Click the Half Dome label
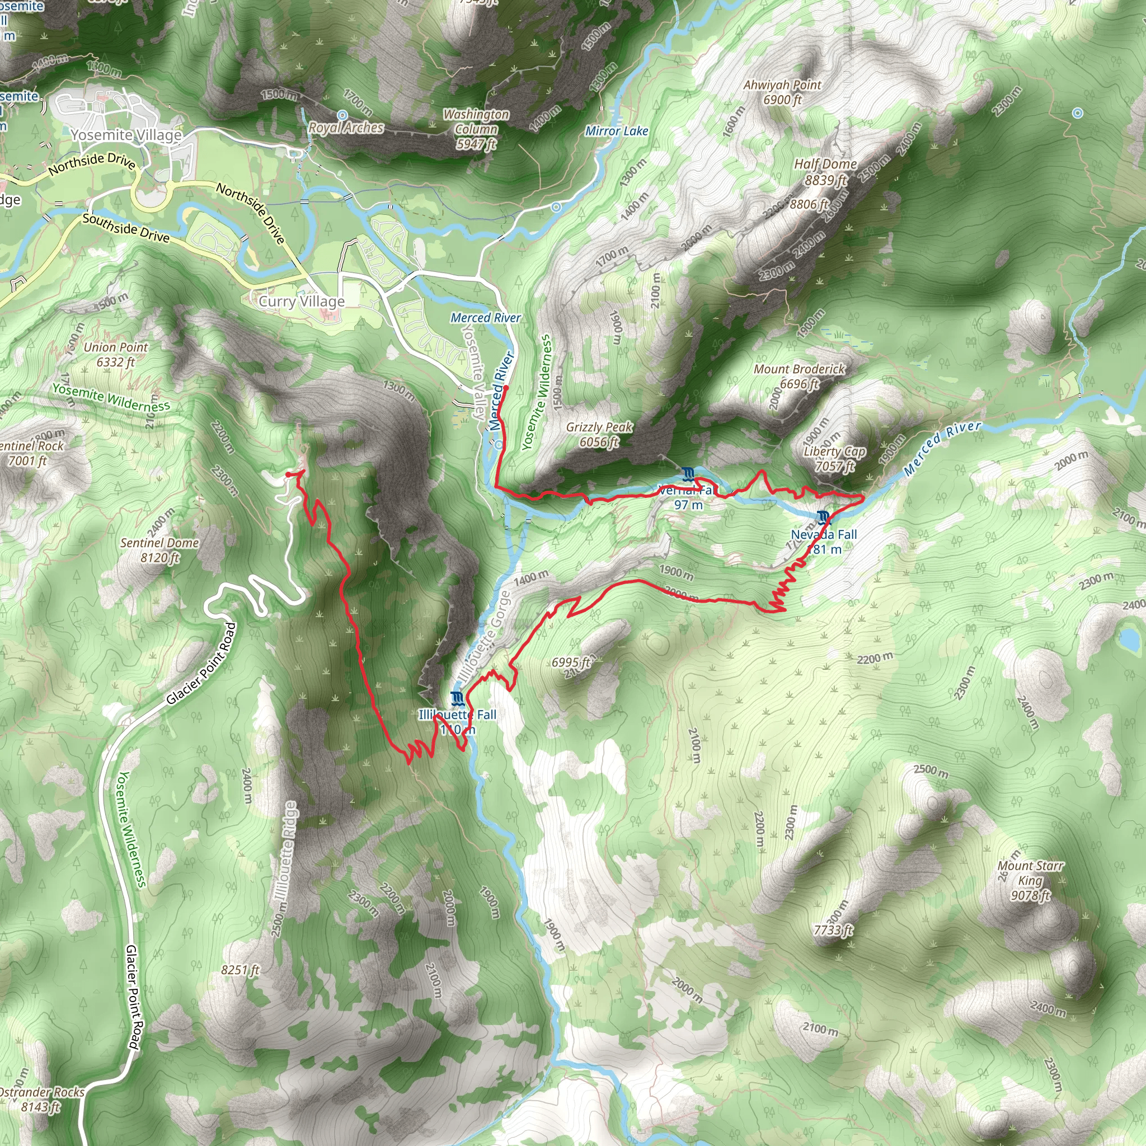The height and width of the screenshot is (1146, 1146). pos(825,171)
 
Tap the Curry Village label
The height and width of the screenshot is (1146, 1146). pos(302,302)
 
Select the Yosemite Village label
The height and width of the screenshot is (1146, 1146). pos(126,135)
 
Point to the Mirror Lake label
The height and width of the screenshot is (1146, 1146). pos(616,131)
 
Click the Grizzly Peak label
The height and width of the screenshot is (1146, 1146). pos(599,434)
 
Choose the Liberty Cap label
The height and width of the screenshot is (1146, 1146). pos(834,458)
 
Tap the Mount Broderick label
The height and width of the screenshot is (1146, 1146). pos(799,376)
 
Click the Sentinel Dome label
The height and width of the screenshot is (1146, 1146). pos(159,550)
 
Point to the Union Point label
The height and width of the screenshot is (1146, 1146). pos(116,354)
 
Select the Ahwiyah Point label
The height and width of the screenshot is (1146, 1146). pos(782,92)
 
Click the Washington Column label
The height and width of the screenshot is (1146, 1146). pos(476,129)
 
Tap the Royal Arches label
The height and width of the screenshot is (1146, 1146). pos(346,128)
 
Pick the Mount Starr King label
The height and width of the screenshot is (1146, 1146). pos(1030,880)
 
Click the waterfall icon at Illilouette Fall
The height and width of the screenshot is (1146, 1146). pos(456,698)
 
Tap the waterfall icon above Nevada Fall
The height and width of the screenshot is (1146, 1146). pos(823,518)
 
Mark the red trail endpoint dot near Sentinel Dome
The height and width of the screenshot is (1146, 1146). pos(288,475)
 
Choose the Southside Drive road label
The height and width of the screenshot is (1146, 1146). pos(126,228)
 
